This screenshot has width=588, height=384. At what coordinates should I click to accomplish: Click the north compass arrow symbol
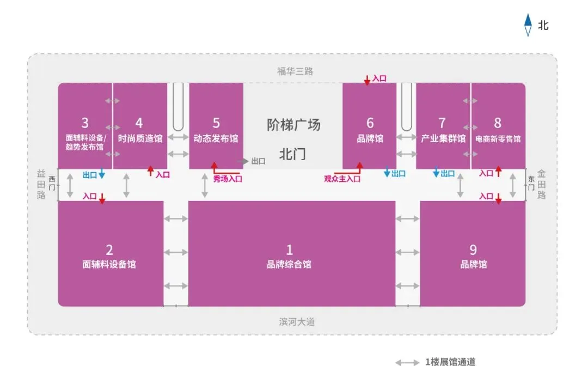(x=527, y=25)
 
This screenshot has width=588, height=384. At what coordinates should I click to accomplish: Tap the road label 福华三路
(x=295, y=71)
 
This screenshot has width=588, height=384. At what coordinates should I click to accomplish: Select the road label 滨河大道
(x=297, y=321)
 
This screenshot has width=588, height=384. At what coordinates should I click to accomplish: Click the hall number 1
(x=289, y=249)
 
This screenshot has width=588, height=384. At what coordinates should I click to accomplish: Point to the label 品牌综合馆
(x=289, y=265)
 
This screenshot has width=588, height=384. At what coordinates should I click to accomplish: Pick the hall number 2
(x=109, y=249)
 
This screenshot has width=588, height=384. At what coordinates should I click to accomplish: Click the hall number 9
(x=473, y=249)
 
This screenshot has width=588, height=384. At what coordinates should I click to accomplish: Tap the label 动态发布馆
(x=216, y=138)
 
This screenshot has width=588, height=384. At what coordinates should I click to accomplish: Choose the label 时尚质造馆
(x=140, y=138)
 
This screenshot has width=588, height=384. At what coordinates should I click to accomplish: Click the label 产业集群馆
(x=443, y=138)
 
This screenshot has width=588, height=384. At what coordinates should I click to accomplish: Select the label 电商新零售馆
(x=498, y=138)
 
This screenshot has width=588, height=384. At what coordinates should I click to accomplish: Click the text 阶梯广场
(x=293, y=125)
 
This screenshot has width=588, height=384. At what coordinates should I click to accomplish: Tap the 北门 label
(x=292, y=154)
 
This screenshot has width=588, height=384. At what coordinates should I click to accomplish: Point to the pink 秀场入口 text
(x=228, y=179)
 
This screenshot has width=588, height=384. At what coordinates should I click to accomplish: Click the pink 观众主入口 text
(x=342, y=179)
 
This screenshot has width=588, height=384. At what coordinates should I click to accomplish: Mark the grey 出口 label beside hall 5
(x=258, y=161)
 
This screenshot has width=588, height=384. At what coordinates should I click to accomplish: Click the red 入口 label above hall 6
(x=379, y=78)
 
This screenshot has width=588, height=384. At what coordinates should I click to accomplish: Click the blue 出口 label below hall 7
(x=448, y=174)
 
